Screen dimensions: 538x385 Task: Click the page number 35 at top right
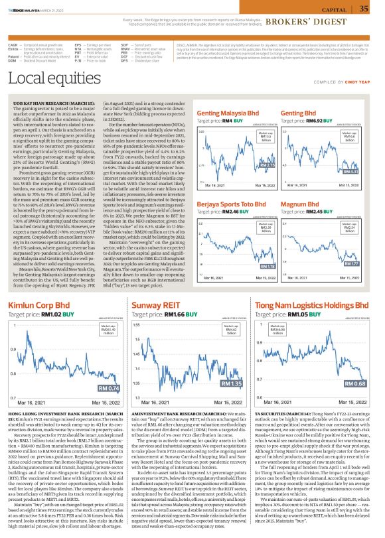364,9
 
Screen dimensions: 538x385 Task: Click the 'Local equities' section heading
47,98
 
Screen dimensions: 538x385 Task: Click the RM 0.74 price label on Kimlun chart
108,388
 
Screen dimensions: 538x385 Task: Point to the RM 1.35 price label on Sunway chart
231,383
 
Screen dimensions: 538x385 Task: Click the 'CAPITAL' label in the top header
335,10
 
